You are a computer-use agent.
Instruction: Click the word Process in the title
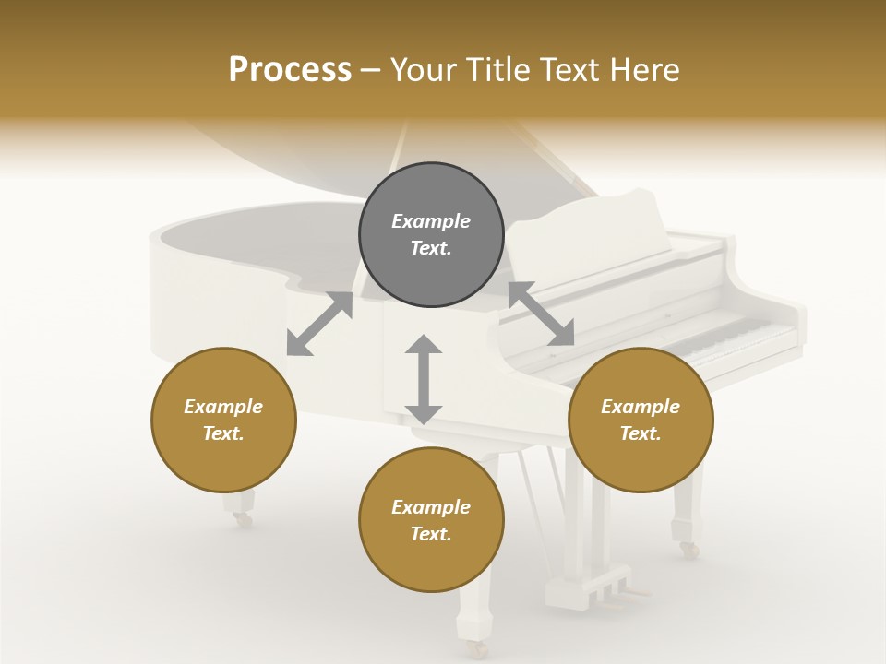tap(290, 70)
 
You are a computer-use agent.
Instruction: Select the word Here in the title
tap(646, 70)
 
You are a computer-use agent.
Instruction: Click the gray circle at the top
tap(431, 235)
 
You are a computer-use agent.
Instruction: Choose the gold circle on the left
tap(223, 420)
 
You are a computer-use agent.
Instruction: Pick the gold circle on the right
tap(641, 420)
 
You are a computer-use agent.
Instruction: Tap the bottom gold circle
tap(431, 520)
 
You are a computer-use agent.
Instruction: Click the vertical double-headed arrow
tap(424, 379)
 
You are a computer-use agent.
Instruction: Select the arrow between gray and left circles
tap(320, 324)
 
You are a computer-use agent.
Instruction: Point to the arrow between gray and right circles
tap(542, 314)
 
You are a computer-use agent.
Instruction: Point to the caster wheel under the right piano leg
tap(688, 550)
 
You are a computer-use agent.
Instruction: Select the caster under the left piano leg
tap(243, 520)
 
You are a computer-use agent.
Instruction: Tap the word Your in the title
tap(423, 70)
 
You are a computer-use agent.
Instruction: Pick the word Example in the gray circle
tap(431, 221)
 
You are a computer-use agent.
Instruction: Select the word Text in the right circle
tap(641, 433)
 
